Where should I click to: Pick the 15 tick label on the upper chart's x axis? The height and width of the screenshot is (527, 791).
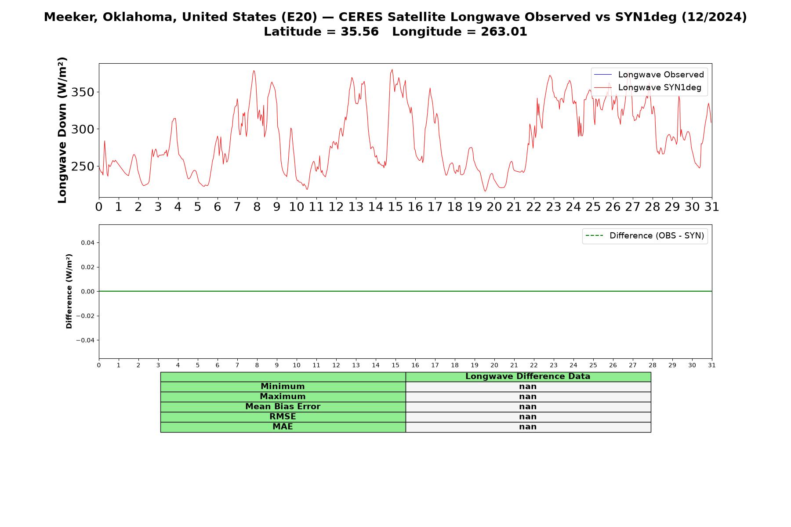coord(395,207)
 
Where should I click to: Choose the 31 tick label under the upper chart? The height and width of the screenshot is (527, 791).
coord(711,207)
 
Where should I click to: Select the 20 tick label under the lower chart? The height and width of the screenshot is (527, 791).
coord(494,365)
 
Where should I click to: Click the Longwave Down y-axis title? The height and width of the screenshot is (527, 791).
coord(62,130)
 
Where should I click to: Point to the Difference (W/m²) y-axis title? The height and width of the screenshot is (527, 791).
coord(69,291)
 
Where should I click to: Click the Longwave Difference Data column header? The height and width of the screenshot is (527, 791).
coord(528,376)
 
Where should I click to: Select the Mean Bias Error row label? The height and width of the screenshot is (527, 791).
coord(283,407)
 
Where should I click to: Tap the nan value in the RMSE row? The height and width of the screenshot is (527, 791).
coord(528,417)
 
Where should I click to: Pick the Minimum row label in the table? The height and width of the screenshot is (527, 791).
coord(283,386)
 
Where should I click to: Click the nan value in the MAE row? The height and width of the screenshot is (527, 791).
coord(528,427)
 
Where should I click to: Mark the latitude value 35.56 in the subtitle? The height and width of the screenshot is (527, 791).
coord(359,32)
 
